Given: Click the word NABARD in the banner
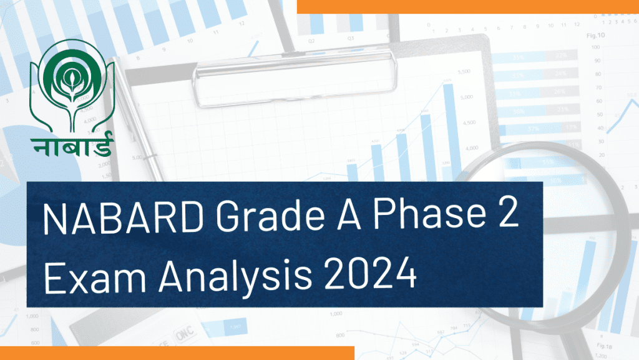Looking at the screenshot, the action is [123, 218].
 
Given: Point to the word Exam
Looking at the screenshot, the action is [95, 276].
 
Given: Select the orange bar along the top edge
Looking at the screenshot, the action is [468, 6].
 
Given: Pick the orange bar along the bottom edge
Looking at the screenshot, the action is [177, 353].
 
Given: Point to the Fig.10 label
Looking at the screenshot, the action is [595, 36].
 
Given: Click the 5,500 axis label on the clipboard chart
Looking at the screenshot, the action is [464, 72].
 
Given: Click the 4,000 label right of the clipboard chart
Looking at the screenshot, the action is [472, 148].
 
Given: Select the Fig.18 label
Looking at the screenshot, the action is [604, 346].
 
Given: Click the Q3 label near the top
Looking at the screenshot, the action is [351, 38].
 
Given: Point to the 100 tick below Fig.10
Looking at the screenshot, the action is [595, 47].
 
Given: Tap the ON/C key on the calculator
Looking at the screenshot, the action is [185, 334].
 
